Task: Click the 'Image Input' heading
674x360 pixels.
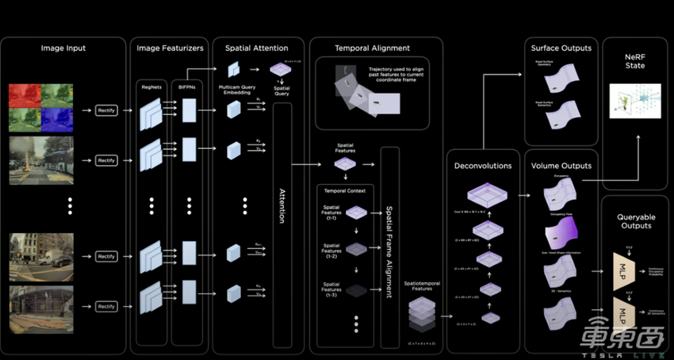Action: (63, 48)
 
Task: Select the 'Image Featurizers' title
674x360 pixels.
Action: (170, 48)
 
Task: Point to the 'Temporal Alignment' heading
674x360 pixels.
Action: (373, 48)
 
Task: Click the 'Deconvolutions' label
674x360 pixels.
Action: (482, 166)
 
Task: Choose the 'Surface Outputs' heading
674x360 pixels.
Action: (561, 48)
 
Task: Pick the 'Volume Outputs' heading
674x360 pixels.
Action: (561, 166)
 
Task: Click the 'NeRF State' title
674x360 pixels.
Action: (635, 59)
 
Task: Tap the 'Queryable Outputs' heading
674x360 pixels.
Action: (635, 220)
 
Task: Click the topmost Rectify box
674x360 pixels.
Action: (106, 110)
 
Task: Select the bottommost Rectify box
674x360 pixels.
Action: (106, 306)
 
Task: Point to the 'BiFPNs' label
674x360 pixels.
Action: (188, 86)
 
